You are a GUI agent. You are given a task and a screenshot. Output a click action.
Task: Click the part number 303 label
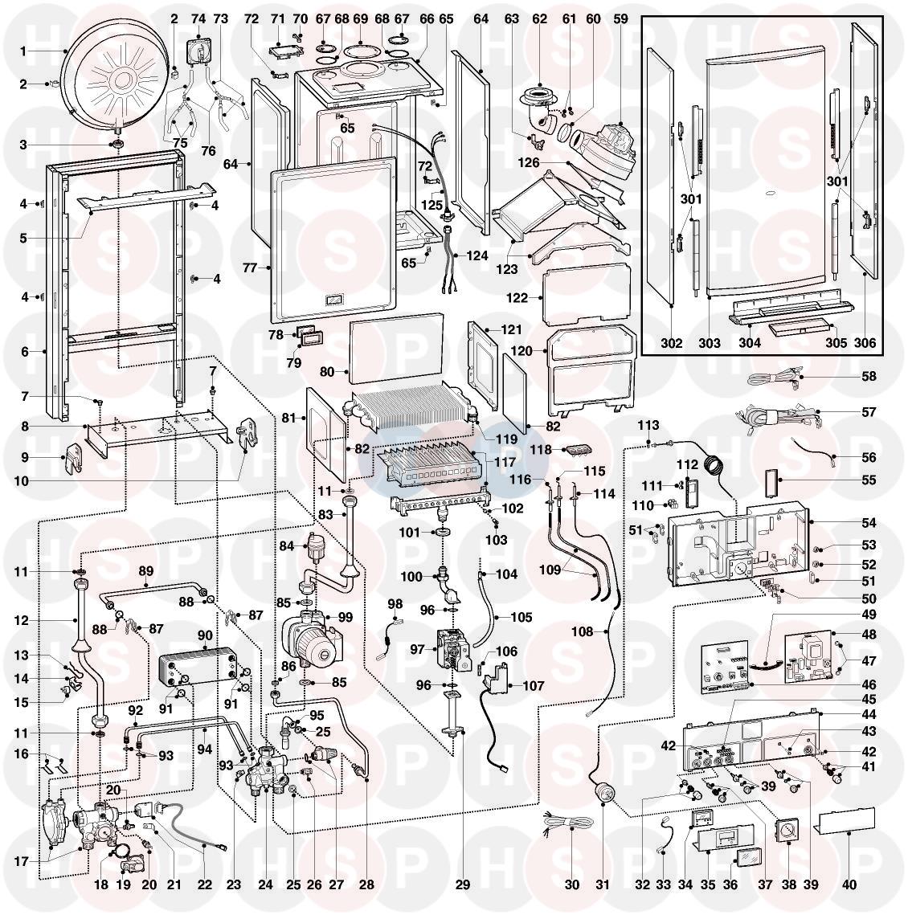pyautogui.click(x=710, y=343)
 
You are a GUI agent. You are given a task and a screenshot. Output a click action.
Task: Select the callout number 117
pyautogui.click(x=504, y=463)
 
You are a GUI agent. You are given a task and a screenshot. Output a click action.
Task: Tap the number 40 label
pyautogui.click(x=849, y=885)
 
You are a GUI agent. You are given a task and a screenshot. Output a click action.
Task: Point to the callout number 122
pyautogui.click(x=517, y=298)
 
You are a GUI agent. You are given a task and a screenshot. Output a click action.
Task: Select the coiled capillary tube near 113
pyautogui.click(x=712, y=465)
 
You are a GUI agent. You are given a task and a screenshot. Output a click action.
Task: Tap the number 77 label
pyautogui.click(x=250, y=268)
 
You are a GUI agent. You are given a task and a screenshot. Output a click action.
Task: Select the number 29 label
pyautogui.click(x=463, y=885)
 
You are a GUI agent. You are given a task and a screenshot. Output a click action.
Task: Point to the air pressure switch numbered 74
pyautogui.click(x=199, y=49)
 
